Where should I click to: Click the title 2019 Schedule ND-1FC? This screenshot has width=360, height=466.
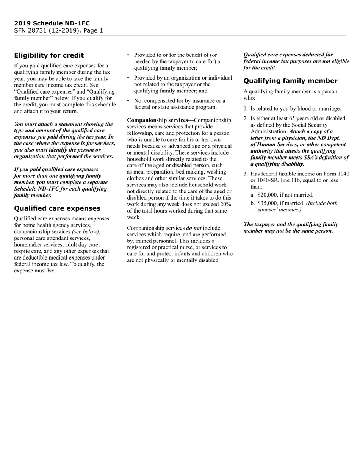click(x=52, y=23)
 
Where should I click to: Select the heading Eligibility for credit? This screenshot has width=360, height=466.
click(x=49, y=55)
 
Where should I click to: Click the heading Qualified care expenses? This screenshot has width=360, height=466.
click(x=57, y=208)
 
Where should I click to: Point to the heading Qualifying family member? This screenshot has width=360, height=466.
click(x=290, y=81)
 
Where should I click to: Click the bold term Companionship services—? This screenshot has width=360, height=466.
click(x=160, y=120)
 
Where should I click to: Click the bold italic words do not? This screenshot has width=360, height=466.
click(x=193, y=228)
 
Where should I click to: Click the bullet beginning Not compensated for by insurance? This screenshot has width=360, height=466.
click(x=179, y=104)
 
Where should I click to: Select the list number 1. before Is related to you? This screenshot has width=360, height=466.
click(x=246, y=109)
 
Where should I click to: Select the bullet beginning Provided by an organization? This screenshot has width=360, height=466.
click(x=183, y=84)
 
